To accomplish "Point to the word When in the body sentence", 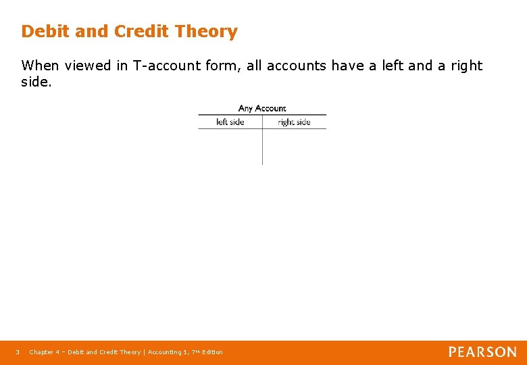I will pyautogui.click(x=41, y=66).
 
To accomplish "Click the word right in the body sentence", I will pyautogui.click(x=466, y=66).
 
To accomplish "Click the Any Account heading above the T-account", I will pyautogui.click(x=262, y=108).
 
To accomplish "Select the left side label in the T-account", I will pyautogui.click(x=230, y=122).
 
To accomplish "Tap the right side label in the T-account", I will pyautogui.click(x=294, y=122).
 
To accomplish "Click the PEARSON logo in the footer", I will pyautogui.click(x=482, y=352).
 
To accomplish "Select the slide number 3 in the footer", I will pyautogui.click(x=18, y=352).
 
